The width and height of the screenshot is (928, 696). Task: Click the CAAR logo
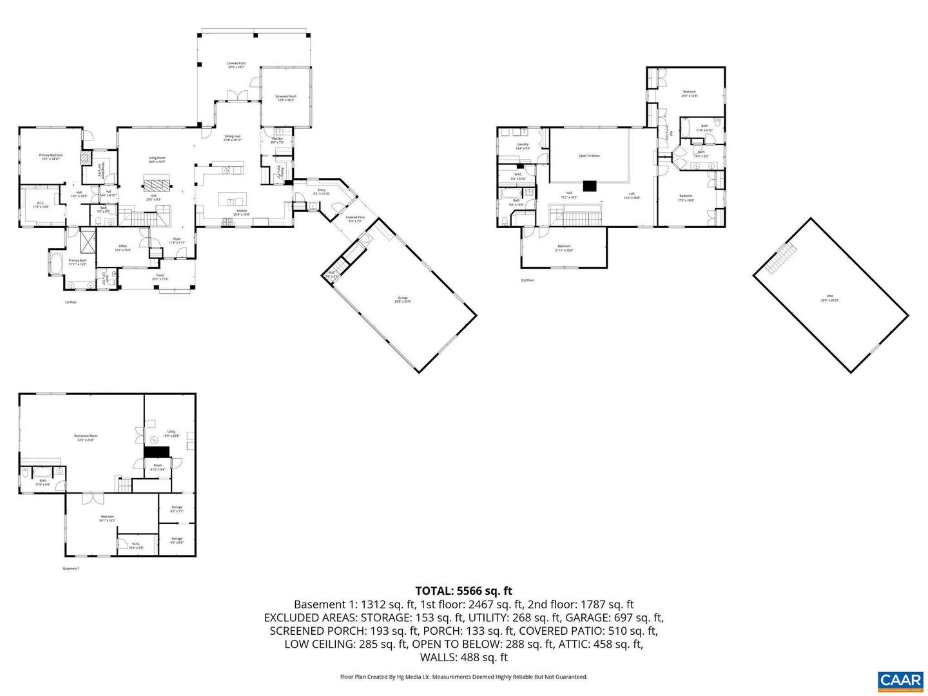click(900, 680)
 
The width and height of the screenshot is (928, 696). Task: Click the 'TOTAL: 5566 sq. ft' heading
click(463, 590)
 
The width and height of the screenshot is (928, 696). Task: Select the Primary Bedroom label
click(50, 157)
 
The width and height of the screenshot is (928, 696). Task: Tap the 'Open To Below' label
click(589, 156)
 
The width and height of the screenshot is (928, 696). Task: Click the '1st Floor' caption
click(70, 302)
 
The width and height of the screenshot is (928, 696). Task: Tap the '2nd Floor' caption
click(527, 280)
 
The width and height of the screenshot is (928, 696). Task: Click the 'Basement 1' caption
click(71, 568)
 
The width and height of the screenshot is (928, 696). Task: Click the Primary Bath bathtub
click(56, 263)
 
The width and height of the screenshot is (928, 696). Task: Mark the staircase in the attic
click(780, 259)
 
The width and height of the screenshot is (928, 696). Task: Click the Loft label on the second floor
click(632, 195)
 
